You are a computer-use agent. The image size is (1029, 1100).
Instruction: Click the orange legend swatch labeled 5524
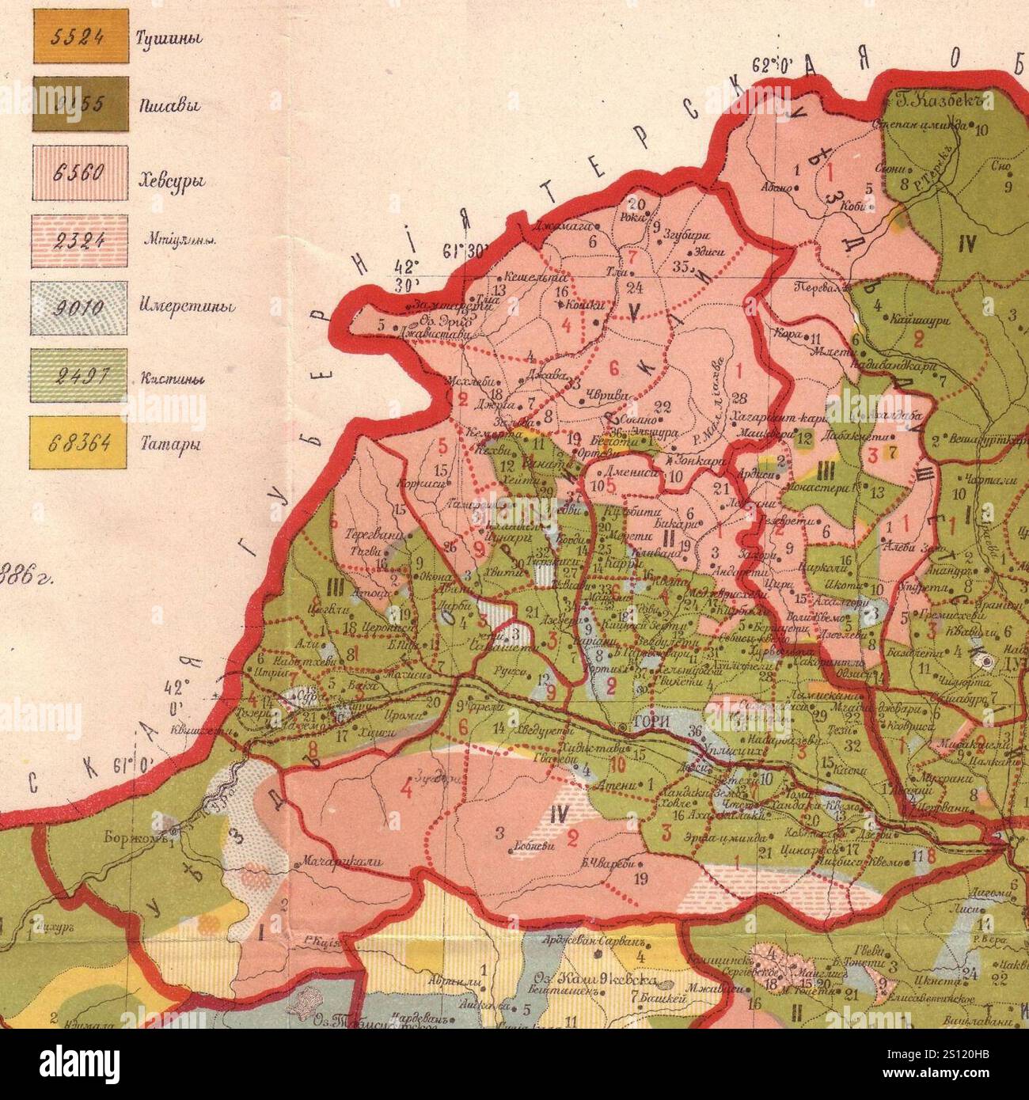coord(79,37)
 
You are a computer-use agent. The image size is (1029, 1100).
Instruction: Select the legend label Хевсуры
coord(173,181)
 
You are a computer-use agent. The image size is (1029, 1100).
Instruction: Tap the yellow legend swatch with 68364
coord(79,443)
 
